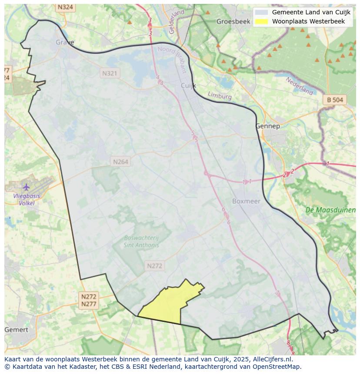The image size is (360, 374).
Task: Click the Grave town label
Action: tap(65, 42)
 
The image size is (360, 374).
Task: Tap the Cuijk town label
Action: tap(188, 86)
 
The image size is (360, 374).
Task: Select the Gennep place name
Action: tap(267, 126)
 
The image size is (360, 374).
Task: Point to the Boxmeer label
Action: tap(246, 201)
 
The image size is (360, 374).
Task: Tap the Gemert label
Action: tap(17, 330)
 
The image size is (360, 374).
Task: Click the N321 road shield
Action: tap(110, 73)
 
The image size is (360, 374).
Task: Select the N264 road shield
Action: tap(120, 162)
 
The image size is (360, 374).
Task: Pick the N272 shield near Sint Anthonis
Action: tap(154, 266)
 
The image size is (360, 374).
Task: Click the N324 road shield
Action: tap(65, 7)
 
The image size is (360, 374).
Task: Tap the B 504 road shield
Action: tap(335, 100)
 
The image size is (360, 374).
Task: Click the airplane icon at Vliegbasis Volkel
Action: tap(27, 187)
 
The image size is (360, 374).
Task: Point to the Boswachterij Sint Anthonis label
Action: tap(141, 241)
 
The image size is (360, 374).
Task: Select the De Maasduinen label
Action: tap(330, 210)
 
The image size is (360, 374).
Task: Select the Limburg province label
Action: tap(220, 96)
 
